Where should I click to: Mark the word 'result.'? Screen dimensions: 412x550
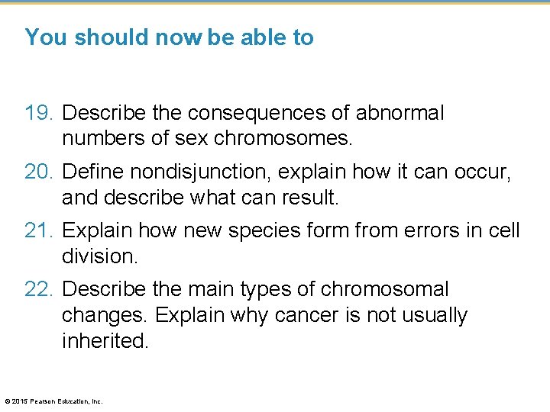pos(309,198)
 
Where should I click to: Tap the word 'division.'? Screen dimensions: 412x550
pos(99,256)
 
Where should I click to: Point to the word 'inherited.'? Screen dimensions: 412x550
pos(105,340)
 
